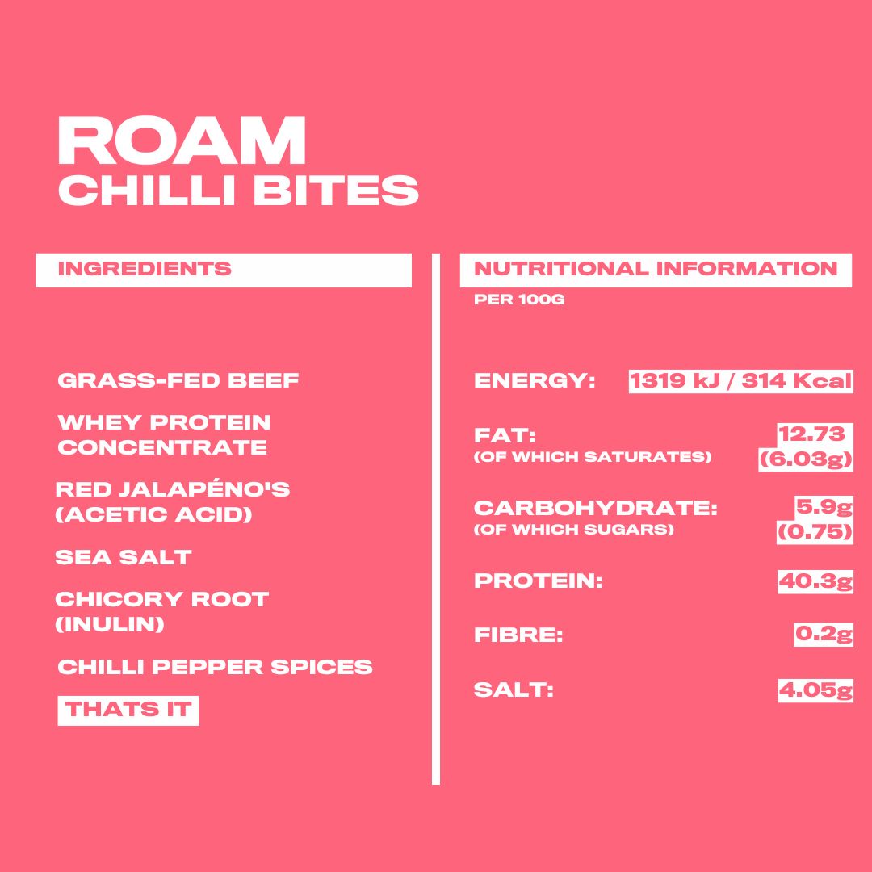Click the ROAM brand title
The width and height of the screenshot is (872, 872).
[182, 140]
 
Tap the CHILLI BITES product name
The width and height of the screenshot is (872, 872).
[238, 190]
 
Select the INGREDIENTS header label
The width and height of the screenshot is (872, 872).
[145, 269]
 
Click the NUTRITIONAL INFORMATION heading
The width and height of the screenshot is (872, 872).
[656, 269]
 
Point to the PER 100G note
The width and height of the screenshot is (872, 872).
[519, 300]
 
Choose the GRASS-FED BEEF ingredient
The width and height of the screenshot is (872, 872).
[178, 380]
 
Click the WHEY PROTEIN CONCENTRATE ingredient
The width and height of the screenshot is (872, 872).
[164, 435]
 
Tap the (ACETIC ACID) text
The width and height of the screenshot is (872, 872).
[154, 514]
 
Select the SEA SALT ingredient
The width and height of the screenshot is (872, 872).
[124, 557]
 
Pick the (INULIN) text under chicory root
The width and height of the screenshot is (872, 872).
[110, 624]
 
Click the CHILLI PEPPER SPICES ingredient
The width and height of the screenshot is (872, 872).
[216, 667]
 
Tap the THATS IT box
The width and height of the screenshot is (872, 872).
[128, 711]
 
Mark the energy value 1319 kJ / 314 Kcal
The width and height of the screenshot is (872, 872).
[740, 381]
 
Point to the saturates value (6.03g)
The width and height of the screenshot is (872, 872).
[806, 459]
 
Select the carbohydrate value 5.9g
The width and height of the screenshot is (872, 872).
[824, 507]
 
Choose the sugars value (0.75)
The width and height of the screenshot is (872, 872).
[815, 532]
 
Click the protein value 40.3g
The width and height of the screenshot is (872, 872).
[815, 581]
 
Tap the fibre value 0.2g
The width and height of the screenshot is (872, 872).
[824, 635]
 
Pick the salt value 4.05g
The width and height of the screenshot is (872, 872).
[815, 690]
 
